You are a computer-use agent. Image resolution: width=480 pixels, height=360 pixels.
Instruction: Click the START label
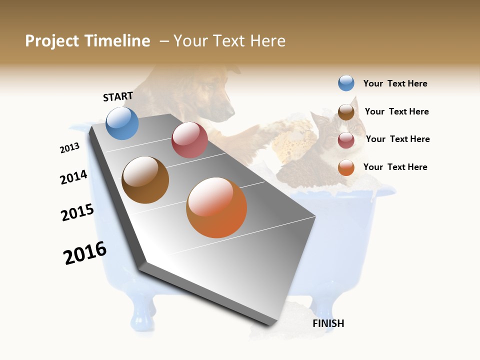coord(118,96)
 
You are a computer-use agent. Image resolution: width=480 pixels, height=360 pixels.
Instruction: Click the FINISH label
coord(328,323)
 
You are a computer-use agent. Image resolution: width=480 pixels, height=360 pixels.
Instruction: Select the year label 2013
coord(70,148)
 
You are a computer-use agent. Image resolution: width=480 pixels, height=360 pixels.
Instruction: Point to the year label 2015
coord(77,212)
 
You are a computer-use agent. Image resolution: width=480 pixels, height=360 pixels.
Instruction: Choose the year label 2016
coord(85,253)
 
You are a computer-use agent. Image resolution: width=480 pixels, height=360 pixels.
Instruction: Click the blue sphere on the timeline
coord(122,123)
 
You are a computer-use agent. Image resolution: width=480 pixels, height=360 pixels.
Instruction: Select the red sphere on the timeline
coord(189,140)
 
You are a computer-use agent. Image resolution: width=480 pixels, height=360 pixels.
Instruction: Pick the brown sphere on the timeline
coord(145,180)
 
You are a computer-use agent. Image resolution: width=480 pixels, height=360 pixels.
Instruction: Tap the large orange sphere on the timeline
coord(216,208)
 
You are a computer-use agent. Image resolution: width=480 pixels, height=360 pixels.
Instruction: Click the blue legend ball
coord(346,83)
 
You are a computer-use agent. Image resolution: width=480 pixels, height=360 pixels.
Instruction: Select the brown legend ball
coord(346,112)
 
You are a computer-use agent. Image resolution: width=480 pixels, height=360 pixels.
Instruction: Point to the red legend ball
coord(346,140)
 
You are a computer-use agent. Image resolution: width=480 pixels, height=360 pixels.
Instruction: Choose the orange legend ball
coord(346,167)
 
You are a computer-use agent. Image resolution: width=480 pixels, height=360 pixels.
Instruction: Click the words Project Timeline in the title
coord(87,41)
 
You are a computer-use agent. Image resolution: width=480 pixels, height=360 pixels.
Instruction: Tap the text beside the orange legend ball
coord(395,167)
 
